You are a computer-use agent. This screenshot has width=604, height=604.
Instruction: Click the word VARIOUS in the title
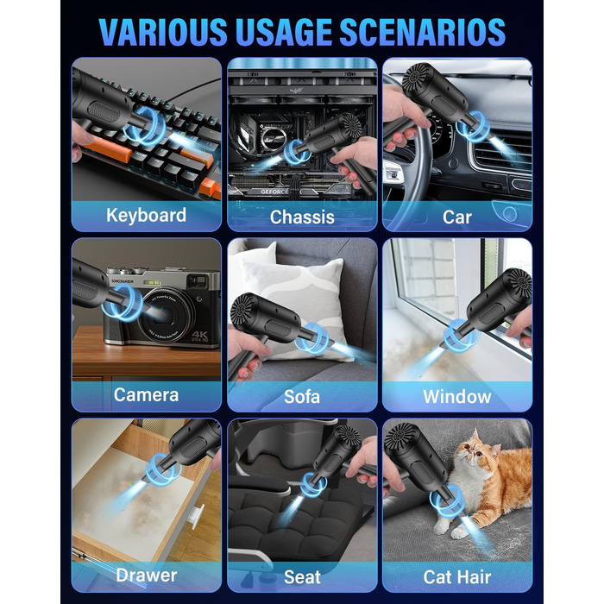click(x=163, y=32)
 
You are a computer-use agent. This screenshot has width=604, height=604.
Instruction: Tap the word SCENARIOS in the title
click(x=422, y=32)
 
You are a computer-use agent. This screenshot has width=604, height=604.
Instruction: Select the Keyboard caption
click(x=147, y=215)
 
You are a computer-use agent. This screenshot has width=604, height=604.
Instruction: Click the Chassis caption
click(x=302, y=217)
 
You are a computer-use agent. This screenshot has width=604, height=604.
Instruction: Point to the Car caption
click(x=457, y=217)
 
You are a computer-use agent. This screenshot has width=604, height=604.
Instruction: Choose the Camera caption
click(x=147, y=395)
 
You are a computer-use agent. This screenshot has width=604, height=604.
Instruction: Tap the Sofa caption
click(x=302, y=397)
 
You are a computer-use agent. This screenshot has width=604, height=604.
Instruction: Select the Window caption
click(x=457, y=397)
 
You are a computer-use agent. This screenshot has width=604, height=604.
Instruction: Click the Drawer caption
click(x=147, y=576)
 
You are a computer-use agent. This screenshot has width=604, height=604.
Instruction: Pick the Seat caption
click(x=302, y=577)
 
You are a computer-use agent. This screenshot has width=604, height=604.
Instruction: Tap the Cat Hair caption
click(x=457, y=577)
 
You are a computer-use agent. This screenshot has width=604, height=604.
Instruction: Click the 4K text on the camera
click(x=199, y=335)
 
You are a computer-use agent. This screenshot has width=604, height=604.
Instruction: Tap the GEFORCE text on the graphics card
click(x=274, y=192)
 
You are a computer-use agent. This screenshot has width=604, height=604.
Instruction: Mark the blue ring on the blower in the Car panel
click(x=473, y=127)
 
